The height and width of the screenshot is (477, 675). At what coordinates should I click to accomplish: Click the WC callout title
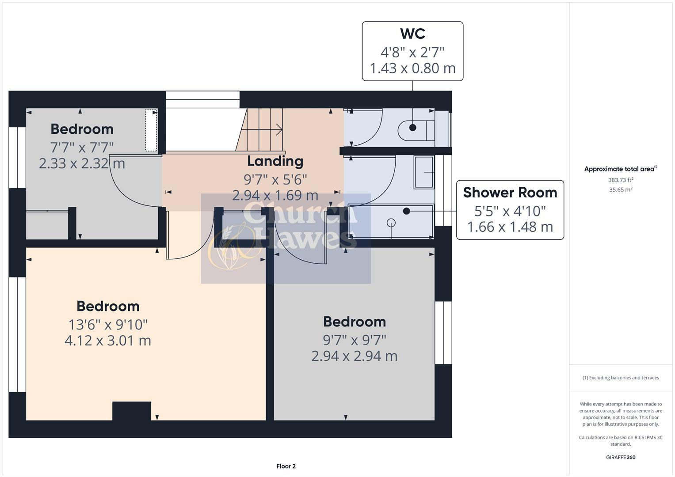pyautogui.click(x=412, y=34)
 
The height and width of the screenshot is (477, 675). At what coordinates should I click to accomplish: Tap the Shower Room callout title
pyautogui.click(x=510, y=193)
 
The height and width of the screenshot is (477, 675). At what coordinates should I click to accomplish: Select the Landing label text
pyautogui.click(x=275, y=161)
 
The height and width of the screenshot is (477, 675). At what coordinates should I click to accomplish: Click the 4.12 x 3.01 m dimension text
pyautogui.click(x=108, y=341)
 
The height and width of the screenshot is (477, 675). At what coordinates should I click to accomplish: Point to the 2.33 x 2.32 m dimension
pyautogui.click(x=82, y=163)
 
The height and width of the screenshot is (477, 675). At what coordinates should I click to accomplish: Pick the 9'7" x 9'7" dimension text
pyautogui.click(x=354, y=340)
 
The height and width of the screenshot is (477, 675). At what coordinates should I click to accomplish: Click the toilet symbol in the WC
pyautogui.click(x=416, y=129)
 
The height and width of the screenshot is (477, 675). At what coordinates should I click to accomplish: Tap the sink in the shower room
pyautogui.click(x=424, y=172)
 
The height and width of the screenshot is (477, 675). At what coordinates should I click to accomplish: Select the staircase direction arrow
pyautogui.click(x=278, y=129)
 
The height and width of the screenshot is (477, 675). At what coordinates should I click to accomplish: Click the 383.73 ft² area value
pyautogui.click(x=620, y=180)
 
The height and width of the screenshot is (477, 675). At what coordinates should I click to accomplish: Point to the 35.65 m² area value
pyautogui.click(x=620, y=189)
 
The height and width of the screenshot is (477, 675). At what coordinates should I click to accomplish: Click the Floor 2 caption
pyautogui.click(x=286, y=466)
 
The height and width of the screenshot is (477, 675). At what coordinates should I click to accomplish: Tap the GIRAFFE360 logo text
pyautogui.click(x=620, y=457)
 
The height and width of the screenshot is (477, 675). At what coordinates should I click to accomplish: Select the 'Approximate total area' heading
pyautogui.click(x=620, y=169)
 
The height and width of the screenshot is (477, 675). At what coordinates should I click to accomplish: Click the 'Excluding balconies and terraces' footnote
pyautogui.click(x=620, y=378)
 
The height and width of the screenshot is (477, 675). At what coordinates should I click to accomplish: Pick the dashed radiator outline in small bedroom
pyautogui.click(x=151, y=130)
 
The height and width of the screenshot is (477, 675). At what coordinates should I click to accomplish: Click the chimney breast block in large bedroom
pyautogui.click(x=131, y=411)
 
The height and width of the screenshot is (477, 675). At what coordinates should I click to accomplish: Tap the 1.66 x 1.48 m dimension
pyautogui.click(x=510, y=227)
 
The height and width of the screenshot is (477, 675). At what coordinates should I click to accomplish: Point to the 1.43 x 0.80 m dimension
pyautogui.click(x=412, y=68)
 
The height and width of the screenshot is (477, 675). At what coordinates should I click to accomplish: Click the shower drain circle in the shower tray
pyautogui.click(x=391, y=223)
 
